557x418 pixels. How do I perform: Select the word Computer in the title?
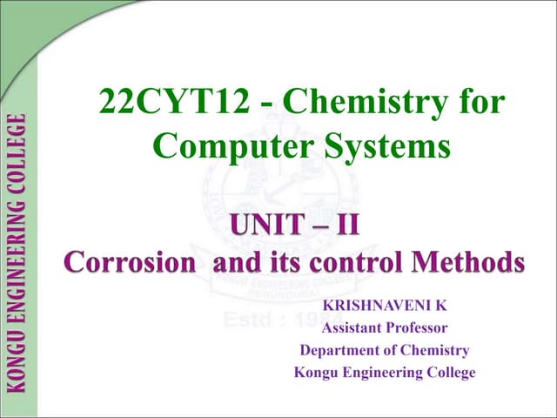point(228,145)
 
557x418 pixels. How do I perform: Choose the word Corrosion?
point(130,262)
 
